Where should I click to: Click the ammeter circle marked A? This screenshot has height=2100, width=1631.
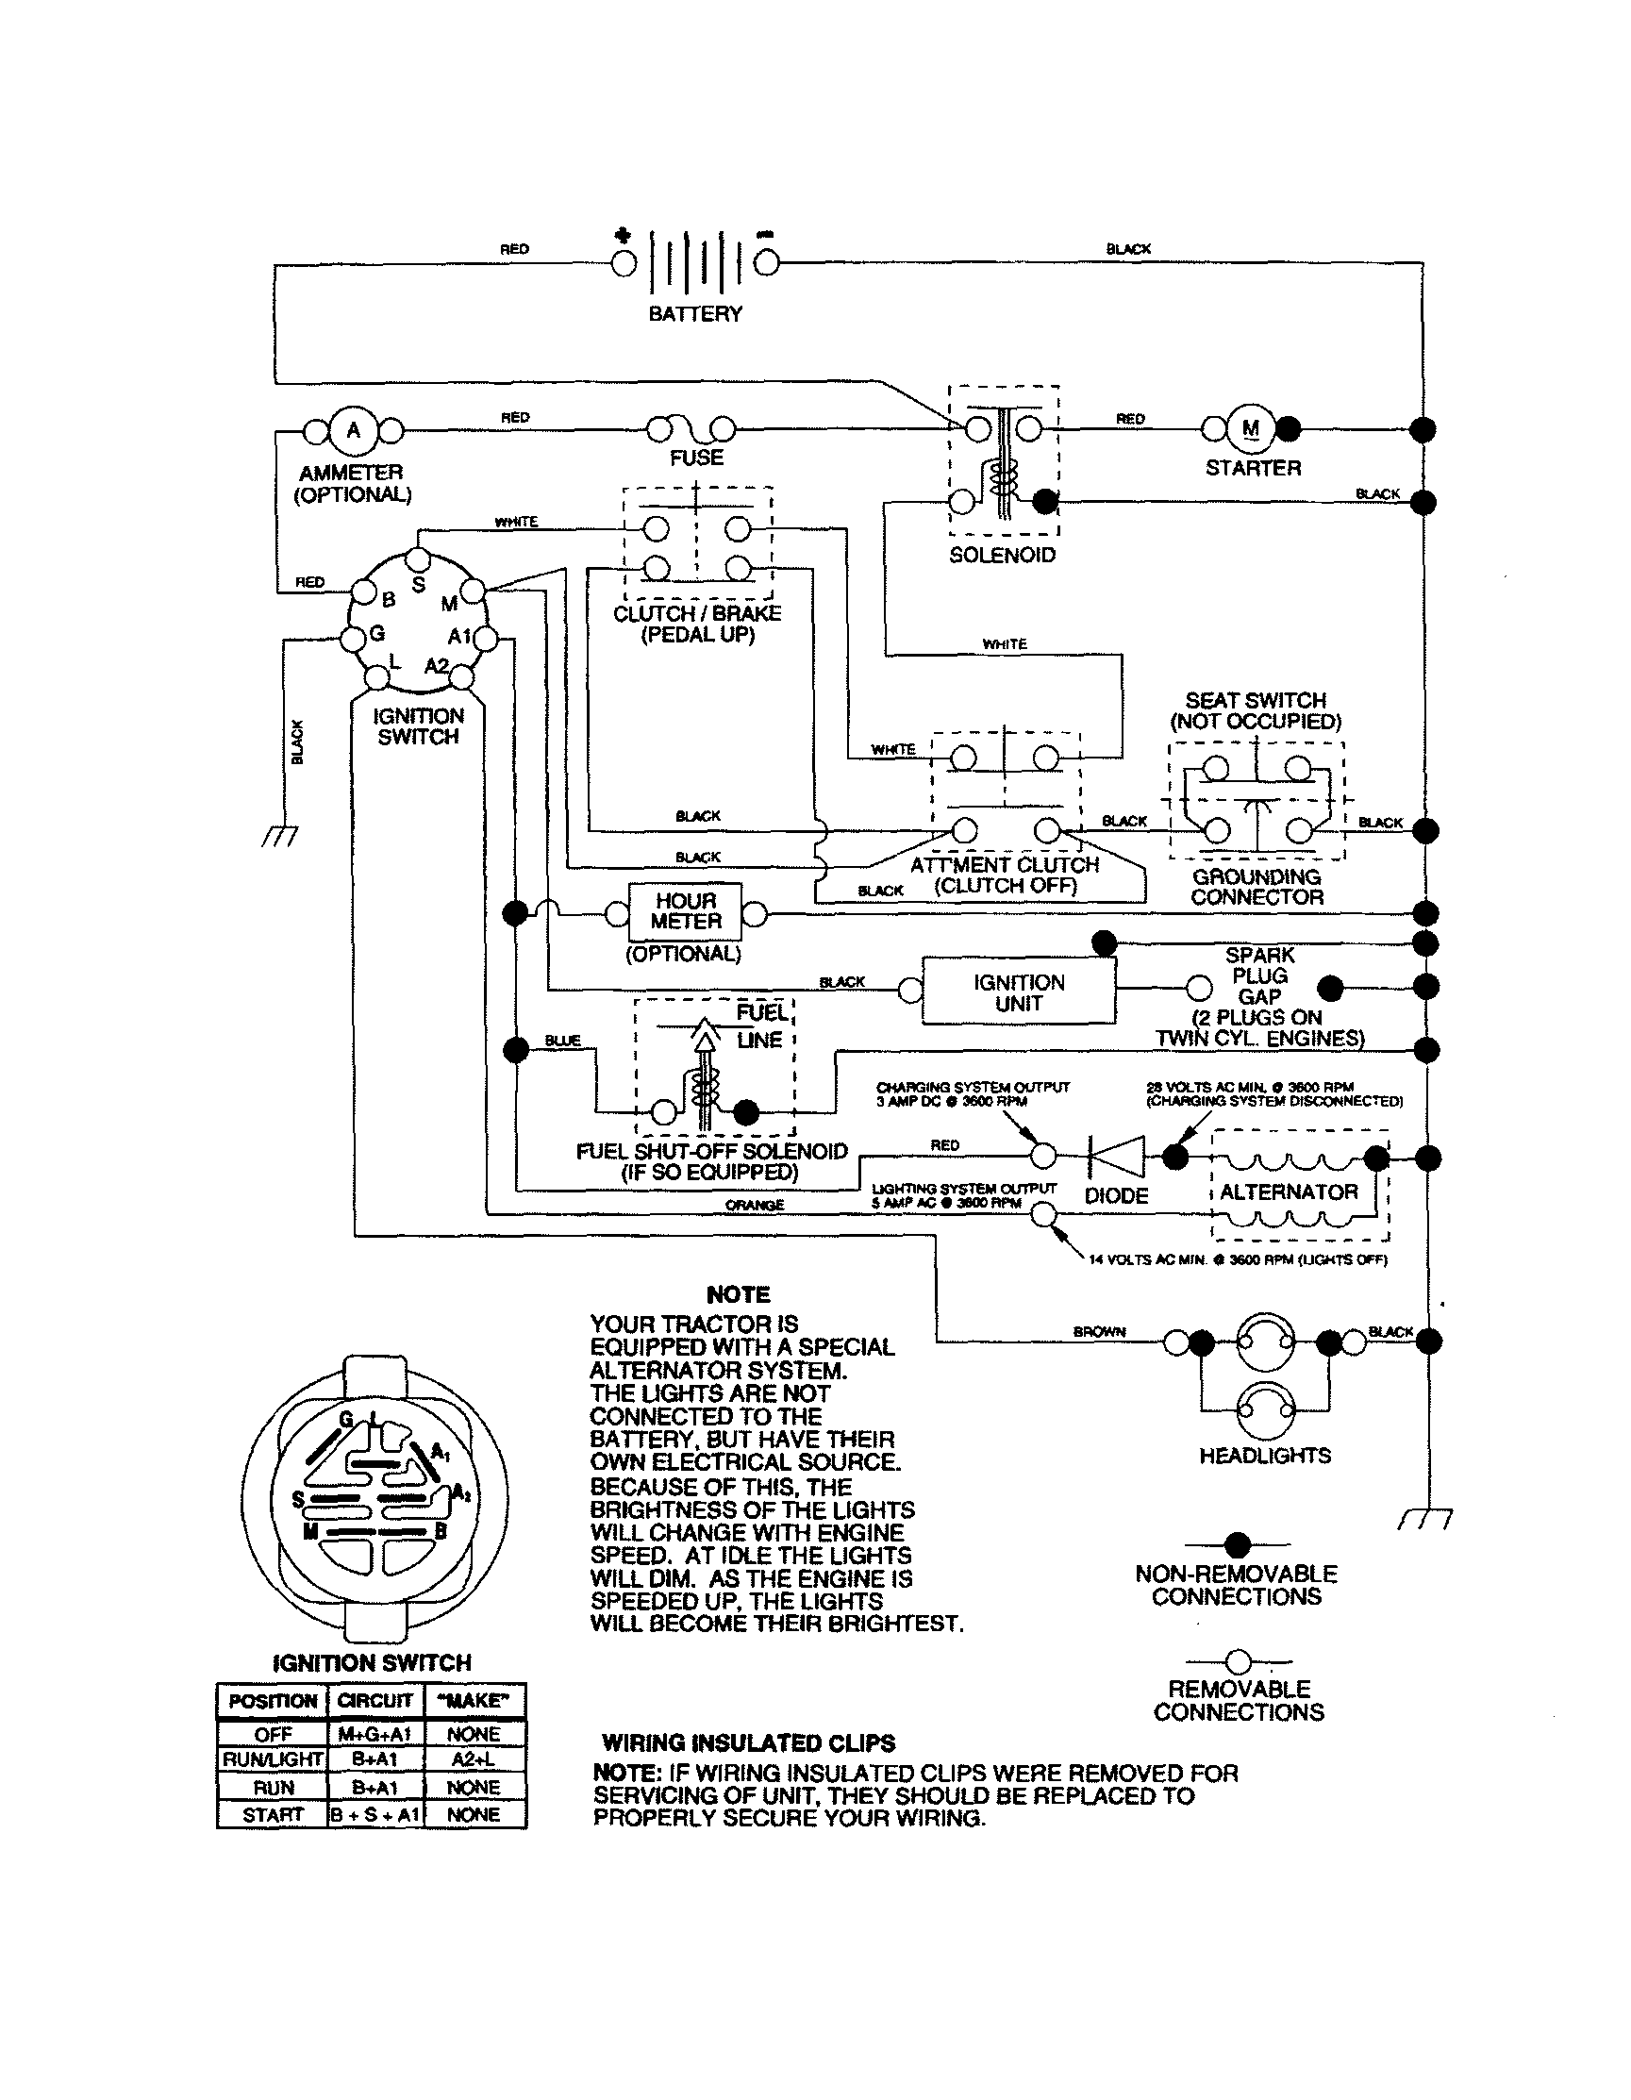tap(353, 430)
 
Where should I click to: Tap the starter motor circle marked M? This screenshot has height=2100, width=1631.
tap(1250, 429)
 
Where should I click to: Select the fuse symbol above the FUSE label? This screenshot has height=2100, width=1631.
tap(691, 428)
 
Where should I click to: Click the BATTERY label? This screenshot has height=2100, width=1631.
tap(695, 314)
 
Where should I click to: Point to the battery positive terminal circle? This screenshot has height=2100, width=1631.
tap(624, 262)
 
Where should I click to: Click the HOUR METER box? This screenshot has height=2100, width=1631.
tap(686, 911)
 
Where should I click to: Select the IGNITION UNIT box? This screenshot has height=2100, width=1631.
tap(1019, 992)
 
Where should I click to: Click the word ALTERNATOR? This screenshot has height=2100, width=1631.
tap(1289, 1192)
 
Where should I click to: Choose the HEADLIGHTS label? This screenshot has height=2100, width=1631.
tap(1265, 1456)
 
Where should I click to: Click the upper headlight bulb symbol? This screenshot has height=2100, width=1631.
tap(1265, 1342)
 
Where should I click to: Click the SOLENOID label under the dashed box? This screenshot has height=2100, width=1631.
tap(1002, 556)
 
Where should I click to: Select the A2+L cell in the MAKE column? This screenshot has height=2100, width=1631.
tap(474, 1758)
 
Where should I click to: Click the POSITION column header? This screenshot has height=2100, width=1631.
tap(273, 1701)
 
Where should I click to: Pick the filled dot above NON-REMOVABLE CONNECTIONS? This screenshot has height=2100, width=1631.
tap(1238, 1545)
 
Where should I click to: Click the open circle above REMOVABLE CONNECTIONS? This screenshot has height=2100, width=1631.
tap(1239, 1661)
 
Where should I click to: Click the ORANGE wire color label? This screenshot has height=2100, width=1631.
tap(754, 1205)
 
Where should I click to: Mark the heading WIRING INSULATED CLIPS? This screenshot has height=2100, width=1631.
tap(748, 1743)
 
